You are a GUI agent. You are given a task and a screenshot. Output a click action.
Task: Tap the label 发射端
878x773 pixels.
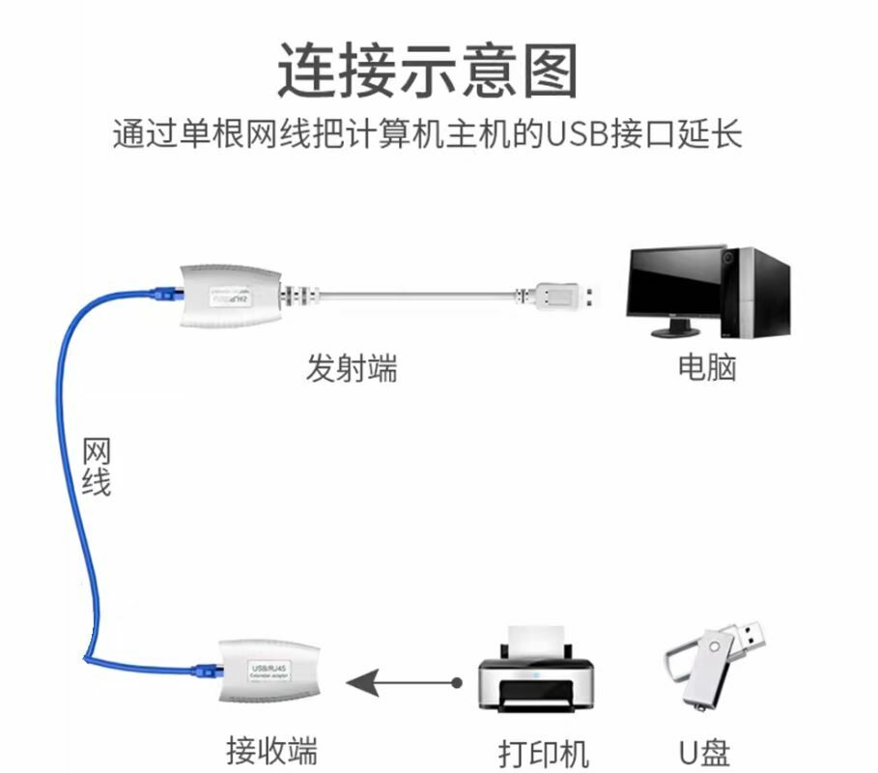coord(352,368)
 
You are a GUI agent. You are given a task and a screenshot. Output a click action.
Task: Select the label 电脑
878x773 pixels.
coord(707,367)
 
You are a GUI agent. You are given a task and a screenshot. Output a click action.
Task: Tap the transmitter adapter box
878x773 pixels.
coord(228,293)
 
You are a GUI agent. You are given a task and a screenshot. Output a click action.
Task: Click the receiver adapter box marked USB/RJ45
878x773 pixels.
coord(260,669)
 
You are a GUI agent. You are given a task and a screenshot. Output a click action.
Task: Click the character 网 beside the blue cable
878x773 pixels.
coord(95,451)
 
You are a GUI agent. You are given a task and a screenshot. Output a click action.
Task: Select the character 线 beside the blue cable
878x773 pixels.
coord(95,480)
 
